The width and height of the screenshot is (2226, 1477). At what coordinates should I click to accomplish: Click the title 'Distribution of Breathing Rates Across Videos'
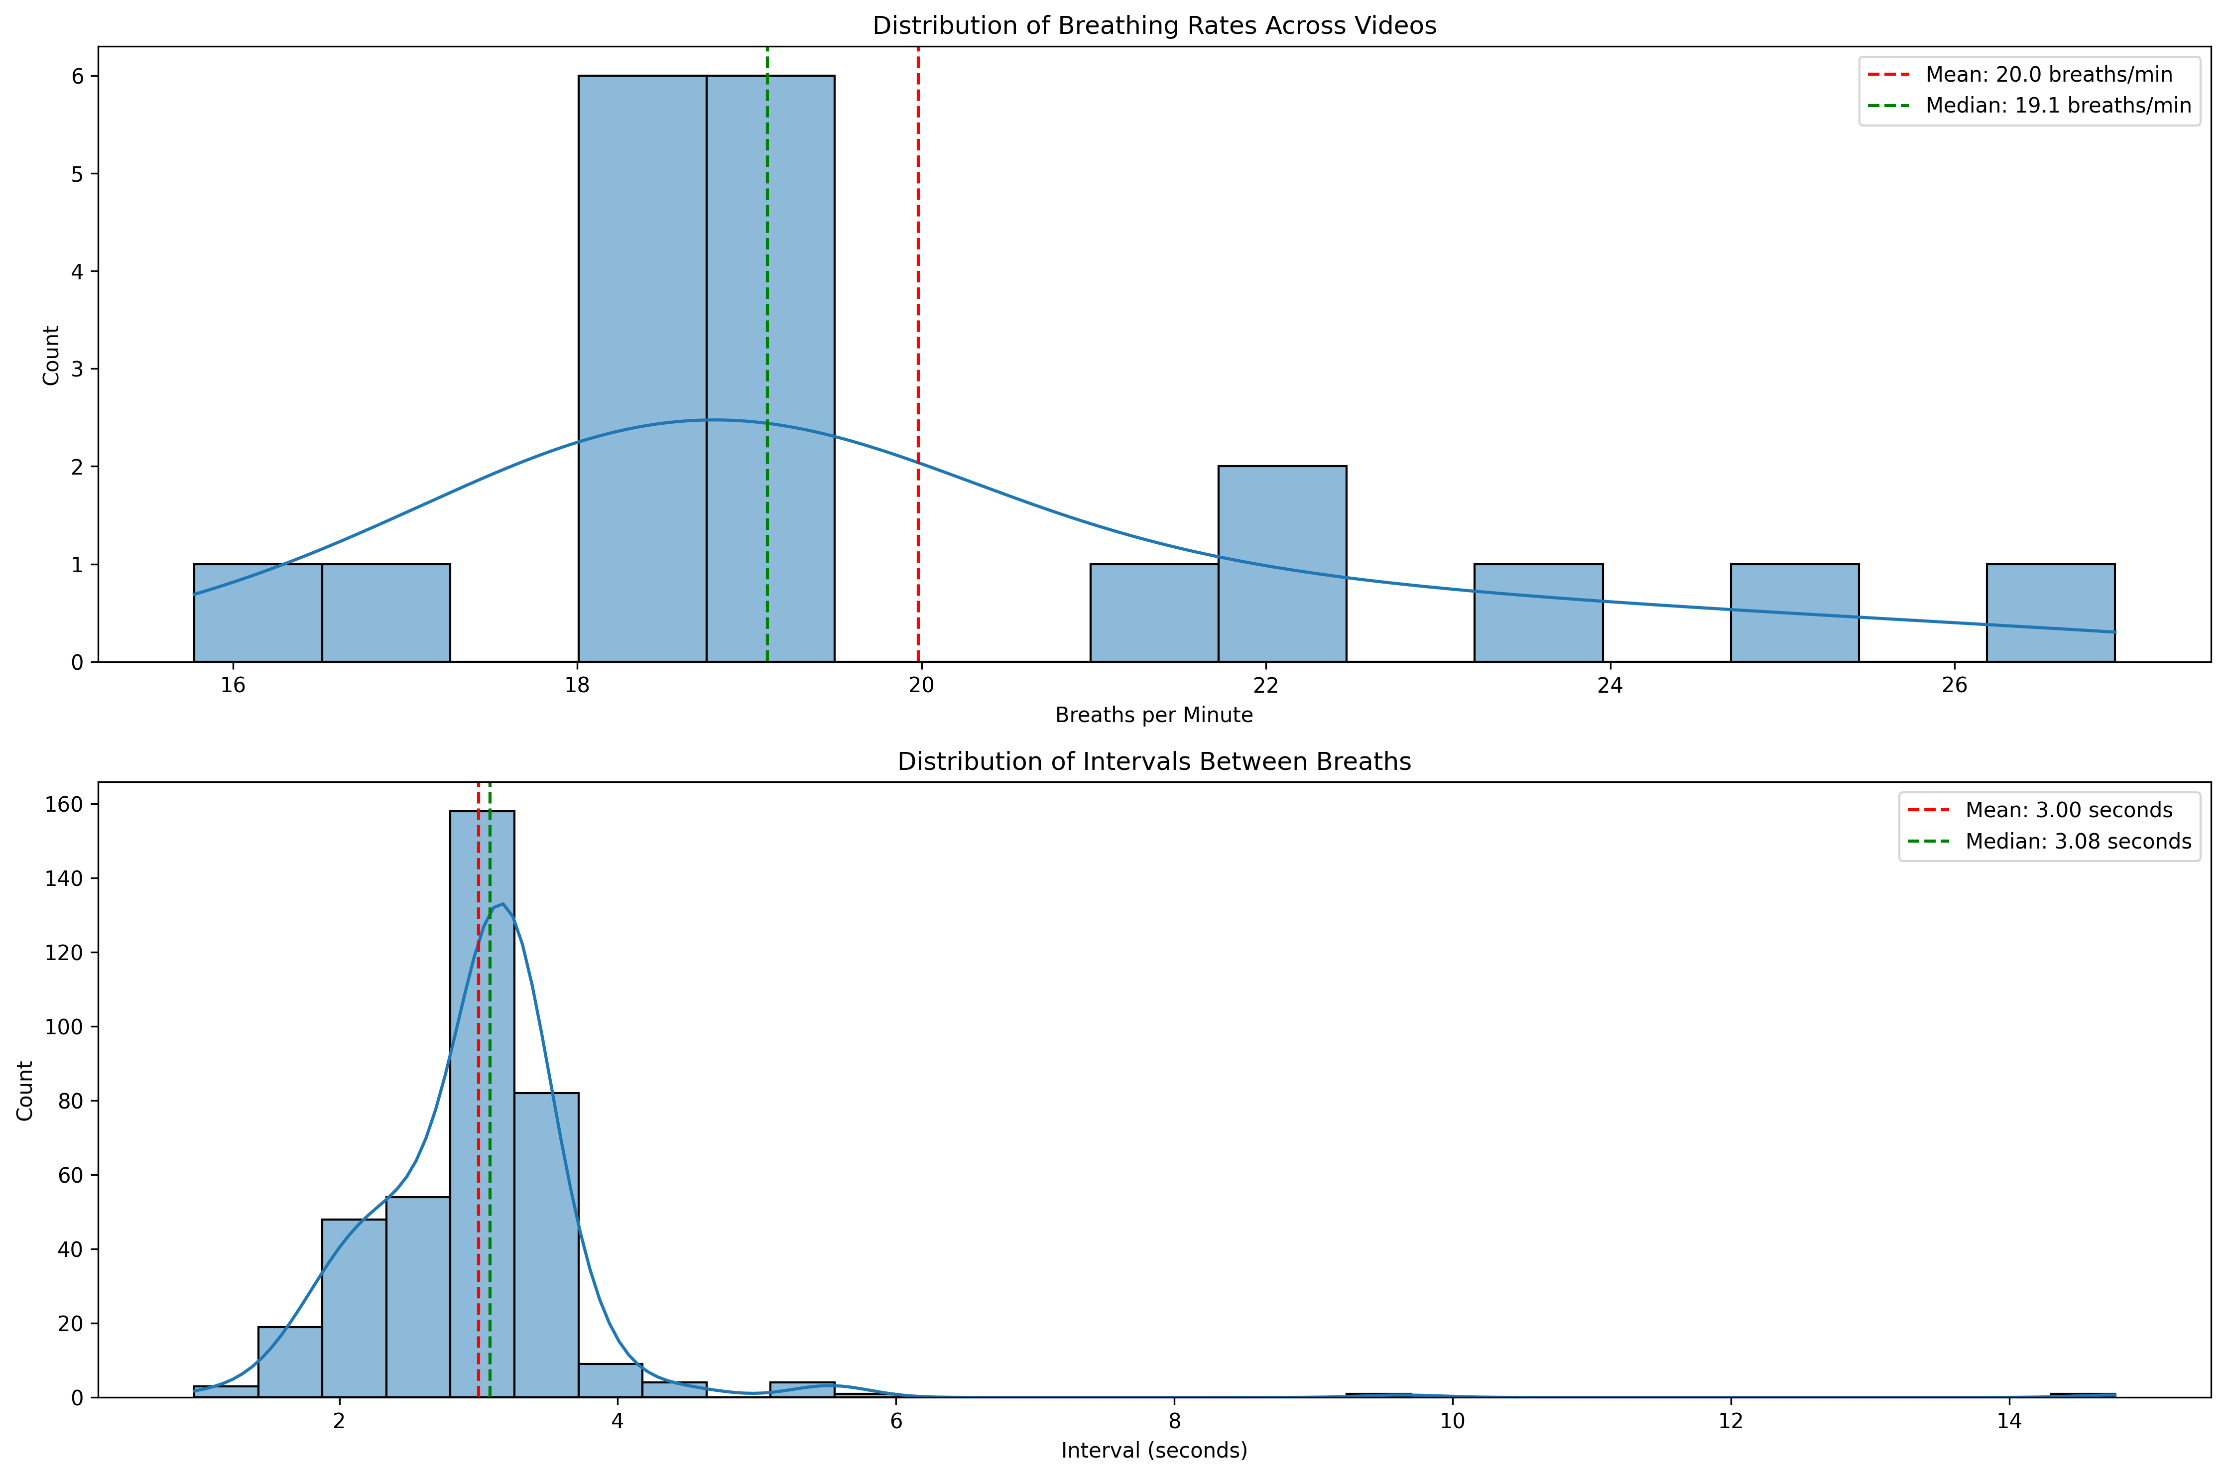tap(1154, 25)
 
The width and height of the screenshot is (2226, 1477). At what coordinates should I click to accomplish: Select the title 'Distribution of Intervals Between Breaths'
tap(1154, 761)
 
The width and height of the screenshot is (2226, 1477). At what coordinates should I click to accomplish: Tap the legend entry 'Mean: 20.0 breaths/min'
tap(2048, 74)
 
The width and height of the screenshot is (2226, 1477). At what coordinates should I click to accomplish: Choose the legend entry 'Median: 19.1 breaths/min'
tap(2057, 106)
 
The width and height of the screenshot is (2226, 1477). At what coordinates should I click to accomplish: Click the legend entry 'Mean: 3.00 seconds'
tap(2068, 810)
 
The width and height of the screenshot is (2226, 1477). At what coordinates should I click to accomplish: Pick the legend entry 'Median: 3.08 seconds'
tap(2077, 841)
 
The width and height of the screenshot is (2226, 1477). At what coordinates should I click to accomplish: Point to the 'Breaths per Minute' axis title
tap(1154, 715)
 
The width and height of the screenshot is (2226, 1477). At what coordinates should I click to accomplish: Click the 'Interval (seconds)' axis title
tap(1154, 1451)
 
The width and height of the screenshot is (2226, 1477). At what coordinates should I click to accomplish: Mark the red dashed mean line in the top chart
tap(918, 282)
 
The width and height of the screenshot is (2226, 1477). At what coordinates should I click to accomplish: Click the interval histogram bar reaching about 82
tap(546, 1243)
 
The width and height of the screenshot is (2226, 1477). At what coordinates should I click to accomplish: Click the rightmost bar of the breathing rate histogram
tap(2051, 613)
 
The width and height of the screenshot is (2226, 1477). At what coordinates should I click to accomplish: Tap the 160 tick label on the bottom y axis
tap(64, 804)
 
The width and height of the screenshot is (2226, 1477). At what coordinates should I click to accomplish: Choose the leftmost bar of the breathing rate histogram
tap(258, 613)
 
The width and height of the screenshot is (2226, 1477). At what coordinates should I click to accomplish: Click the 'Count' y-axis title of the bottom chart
tap(25, 1090)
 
